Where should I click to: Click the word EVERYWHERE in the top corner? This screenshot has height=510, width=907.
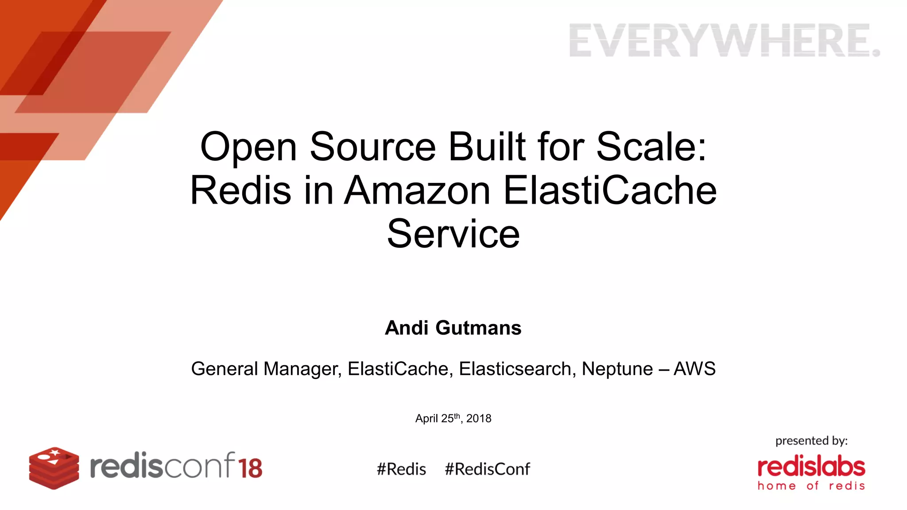(x=724, y=41)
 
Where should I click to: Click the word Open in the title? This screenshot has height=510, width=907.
(x=248, y=147)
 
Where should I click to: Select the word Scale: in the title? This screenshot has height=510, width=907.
(x=651, y=147)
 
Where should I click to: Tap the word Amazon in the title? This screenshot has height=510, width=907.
(x=417, y=190)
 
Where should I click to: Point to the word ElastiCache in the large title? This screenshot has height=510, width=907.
(x=610, y=190)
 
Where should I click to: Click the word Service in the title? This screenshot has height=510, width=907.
(x=453, y=234)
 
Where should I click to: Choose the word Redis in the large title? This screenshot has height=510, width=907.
(x=240, y=190)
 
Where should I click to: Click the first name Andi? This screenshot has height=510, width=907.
(x=407, y=328)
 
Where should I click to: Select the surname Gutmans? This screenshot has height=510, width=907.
(x=478, y=328)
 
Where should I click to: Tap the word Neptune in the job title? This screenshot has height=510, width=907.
(x=617, y=369)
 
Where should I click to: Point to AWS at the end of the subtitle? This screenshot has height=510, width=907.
(x=694, y=369)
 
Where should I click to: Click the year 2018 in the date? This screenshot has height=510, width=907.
(x=479, y=418)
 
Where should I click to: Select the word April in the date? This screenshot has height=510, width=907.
(x=426, y=418)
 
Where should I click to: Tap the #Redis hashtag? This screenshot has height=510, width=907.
(x=401, y=469)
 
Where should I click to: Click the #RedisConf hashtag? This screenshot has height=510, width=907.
(x=487, y=469)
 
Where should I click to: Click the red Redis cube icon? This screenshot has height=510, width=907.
(x=54, y=468)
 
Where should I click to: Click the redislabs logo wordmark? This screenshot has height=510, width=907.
(x=811, y=467)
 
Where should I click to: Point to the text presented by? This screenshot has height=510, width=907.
(x=811, y=440)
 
